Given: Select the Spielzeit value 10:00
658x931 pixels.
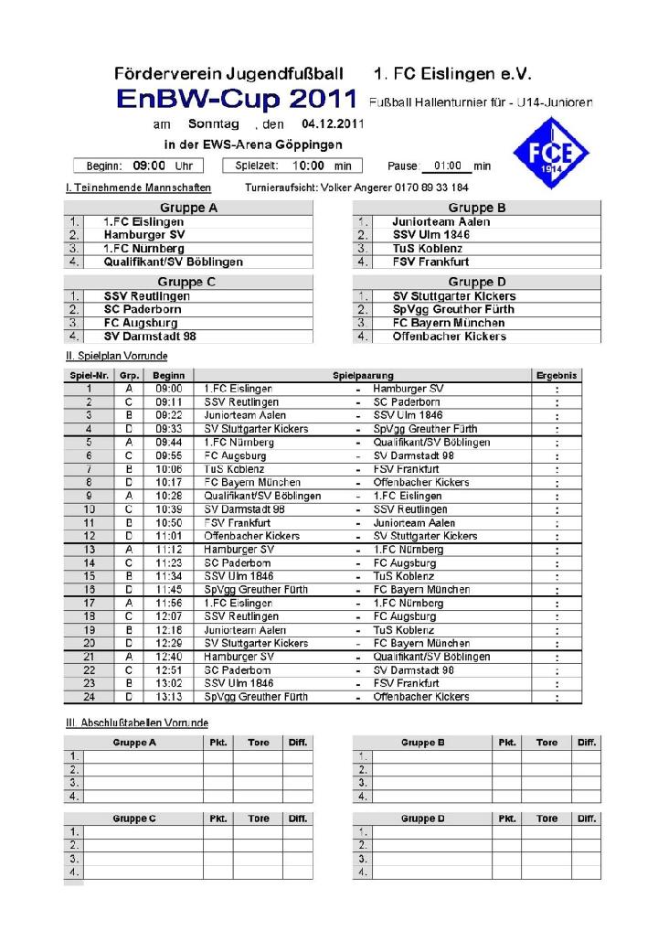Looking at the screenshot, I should [309, 166].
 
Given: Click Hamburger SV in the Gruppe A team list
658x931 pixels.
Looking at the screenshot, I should [144, 235].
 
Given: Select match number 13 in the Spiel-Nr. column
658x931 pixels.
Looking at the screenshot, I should [89, 550].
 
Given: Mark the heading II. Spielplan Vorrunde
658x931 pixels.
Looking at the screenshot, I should [116, 355].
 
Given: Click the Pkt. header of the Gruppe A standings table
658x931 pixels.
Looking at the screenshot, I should [218, 743].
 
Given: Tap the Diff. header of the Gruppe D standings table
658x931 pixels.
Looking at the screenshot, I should [586, 819].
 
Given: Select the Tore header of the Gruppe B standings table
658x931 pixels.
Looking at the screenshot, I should [547, 743].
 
